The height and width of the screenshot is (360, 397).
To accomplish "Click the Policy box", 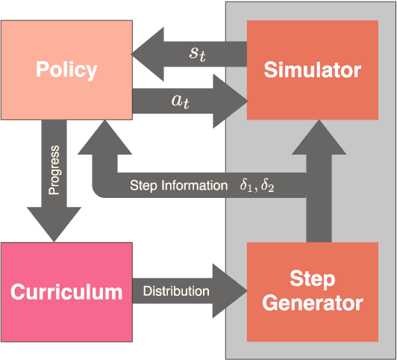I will (x=66, y=70).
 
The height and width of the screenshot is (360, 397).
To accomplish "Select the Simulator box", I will (x=312, y=70).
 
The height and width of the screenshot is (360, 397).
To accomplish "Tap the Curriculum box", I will (x=66, y=291).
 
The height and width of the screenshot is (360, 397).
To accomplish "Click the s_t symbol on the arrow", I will (x=196, y=53).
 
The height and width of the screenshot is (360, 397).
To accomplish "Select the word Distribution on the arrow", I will (x=176, y=291).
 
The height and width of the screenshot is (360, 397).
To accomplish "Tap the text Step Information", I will (x=178, y=185).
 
